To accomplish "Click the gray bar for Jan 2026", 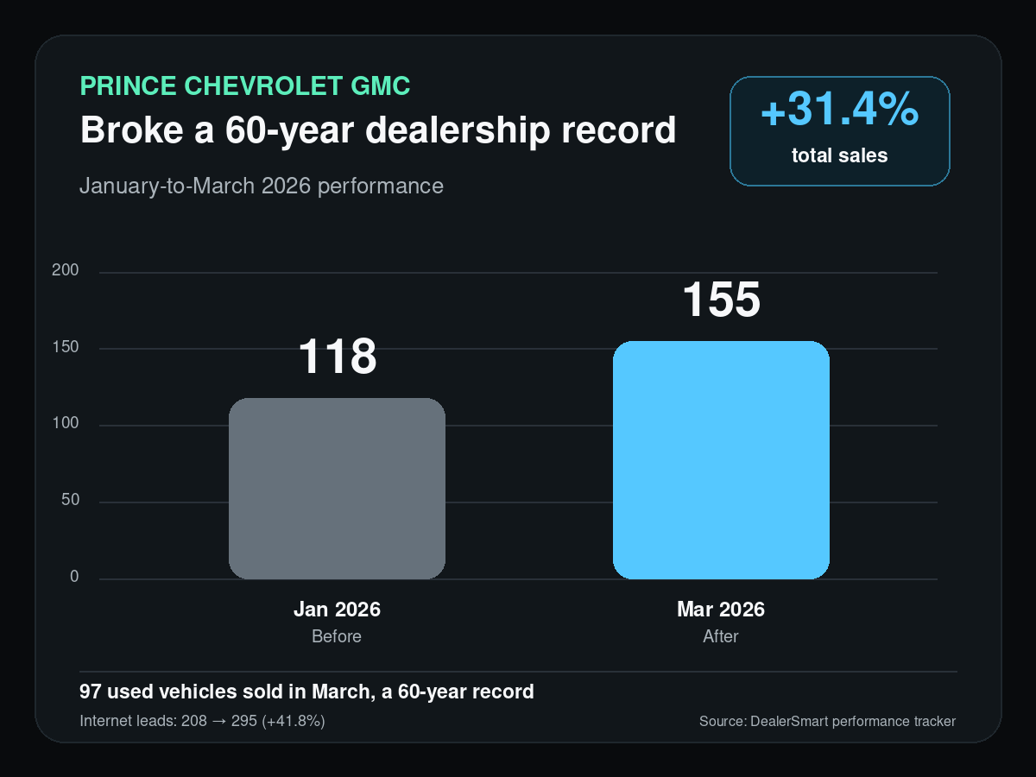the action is [337, 489].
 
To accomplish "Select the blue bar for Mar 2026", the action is [721, 460].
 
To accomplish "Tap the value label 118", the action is [338, 357].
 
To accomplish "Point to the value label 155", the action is [722, 300].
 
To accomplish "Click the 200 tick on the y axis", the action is [65, 270].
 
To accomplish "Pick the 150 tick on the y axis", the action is [65, 347].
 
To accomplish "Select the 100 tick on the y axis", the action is [65, 423].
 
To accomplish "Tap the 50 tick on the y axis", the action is [70, 500].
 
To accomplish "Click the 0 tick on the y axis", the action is [74, 576].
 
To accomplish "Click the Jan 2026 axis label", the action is [337, 609].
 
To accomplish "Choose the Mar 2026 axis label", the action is [721, 609].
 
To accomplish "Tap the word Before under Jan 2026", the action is [337, 636].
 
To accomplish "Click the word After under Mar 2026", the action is [721, 636].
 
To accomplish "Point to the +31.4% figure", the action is [840, 110].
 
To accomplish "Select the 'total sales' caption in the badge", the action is [840, 155].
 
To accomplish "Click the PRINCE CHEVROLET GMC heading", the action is [245, 85].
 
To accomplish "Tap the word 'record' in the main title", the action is [618, 129].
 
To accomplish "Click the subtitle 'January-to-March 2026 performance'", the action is [262, 186].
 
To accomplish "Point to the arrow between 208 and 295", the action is [219, 722].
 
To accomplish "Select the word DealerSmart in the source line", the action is [789, 722].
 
